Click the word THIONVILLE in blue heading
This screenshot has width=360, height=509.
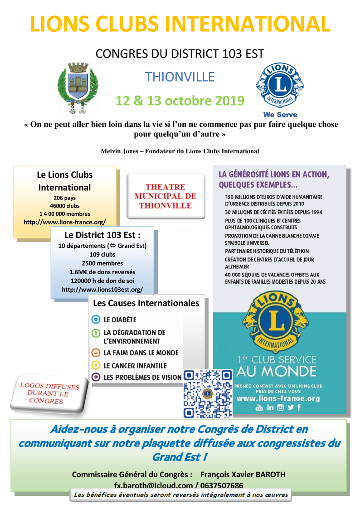coord(180,77)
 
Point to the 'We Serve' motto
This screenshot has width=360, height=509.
coord(280,114)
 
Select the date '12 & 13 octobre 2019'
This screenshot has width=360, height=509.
coord(180,100)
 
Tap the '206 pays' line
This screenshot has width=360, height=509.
coord(64,198)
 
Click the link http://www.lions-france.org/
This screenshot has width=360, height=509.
coord(64,222)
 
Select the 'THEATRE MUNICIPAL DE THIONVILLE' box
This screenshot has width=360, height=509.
coord(165,196)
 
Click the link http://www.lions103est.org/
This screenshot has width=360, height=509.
coord(102,289)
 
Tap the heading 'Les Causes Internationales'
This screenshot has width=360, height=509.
coord(146,303)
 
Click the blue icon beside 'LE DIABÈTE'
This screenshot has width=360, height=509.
coord(95,320)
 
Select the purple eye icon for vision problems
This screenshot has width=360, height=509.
coord(95,377)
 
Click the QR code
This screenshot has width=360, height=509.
coord(208,393)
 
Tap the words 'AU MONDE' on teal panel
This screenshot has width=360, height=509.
coord(277,371)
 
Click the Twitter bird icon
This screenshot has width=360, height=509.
coord(290,407)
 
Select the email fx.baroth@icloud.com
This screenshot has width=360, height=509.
coord(153,485)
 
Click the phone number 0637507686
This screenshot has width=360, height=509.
coord(220,485)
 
